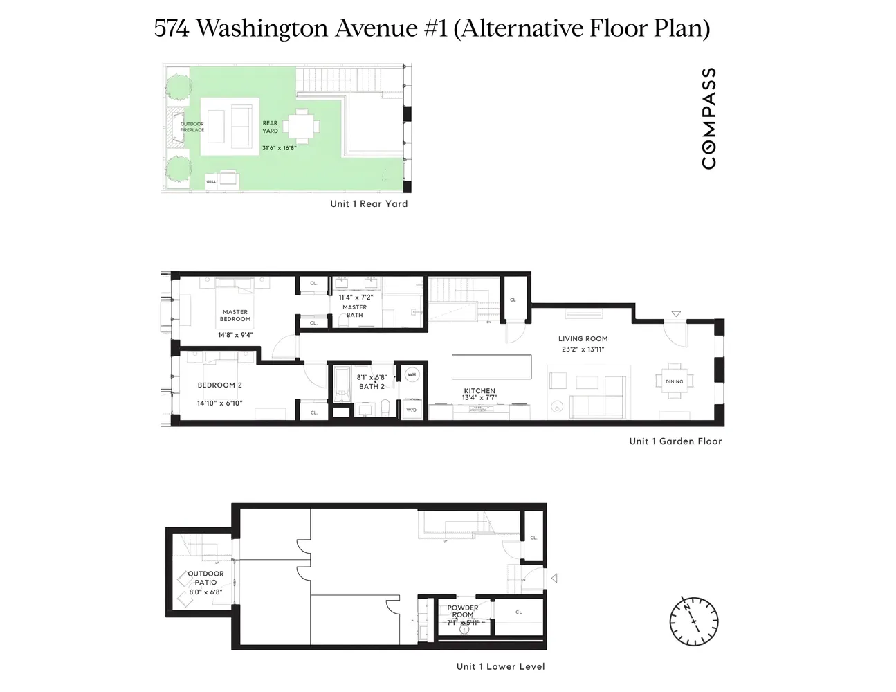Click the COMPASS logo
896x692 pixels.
click(708, 118)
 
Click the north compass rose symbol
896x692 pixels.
click(694, 618)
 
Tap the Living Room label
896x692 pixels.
click(583, 339)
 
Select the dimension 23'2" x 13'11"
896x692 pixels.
click(583, 349)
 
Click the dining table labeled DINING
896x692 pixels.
click(674, 381)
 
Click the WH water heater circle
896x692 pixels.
click(412, 374)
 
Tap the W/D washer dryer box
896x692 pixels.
click(412, 410)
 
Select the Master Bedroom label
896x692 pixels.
click(235, 316)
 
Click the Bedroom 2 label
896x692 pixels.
click(219, 385)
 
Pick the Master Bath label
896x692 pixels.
click(354, 311)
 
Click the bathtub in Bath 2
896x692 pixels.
click(342, 385)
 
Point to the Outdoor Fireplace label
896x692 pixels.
click(192, 127)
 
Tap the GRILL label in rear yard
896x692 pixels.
click(211, 182)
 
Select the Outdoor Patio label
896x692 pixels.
click(205, 578)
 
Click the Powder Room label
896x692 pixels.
click(463, 612)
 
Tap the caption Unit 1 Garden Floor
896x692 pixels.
click(675, 441)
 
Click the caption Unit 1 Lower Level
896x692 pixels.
click(500, 666)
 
